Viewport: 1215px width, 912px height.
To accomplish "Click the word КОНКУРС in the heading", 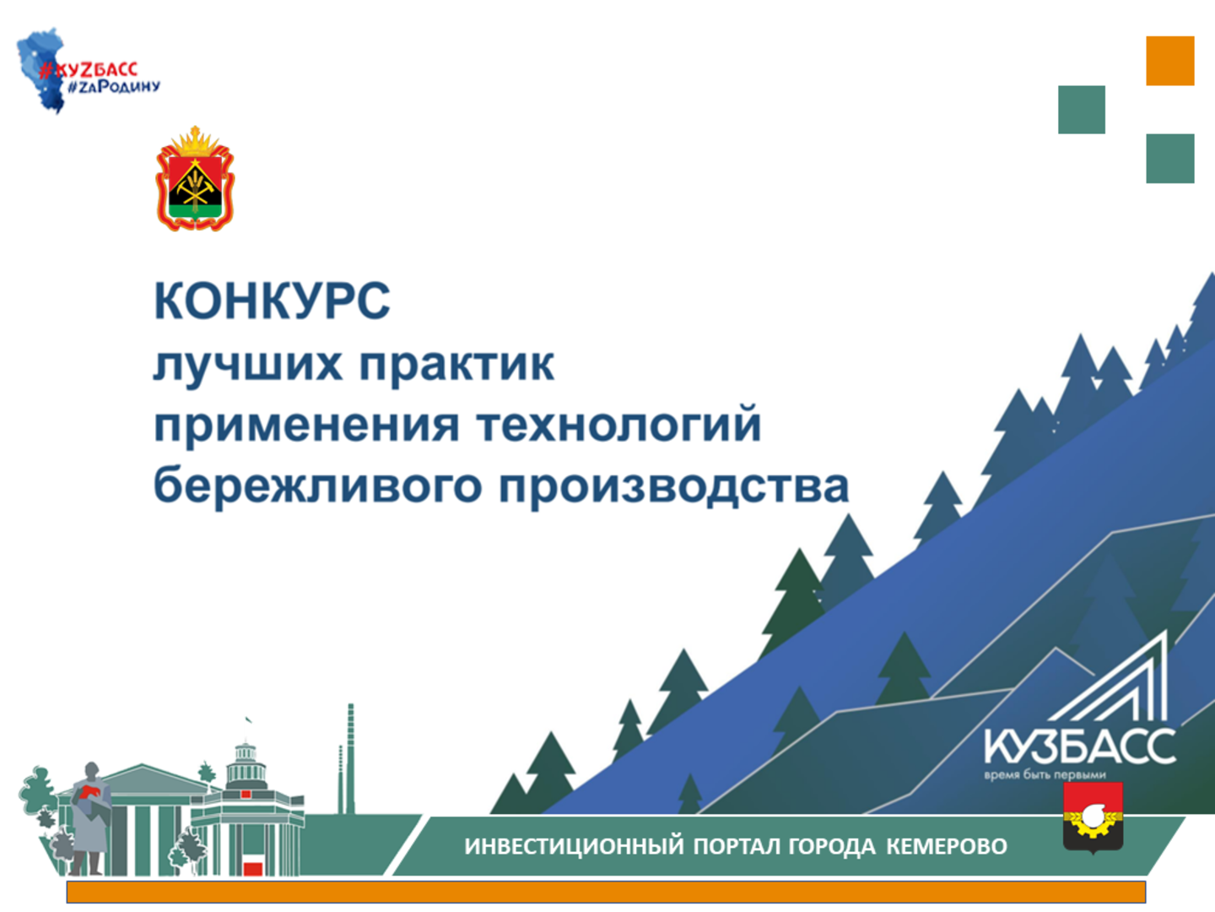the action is [272, 301].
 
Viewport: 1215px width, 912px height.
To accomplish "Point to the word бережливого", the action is [317, 485].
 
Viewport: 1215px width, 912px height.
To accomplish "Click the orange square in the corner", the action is [1170, 61].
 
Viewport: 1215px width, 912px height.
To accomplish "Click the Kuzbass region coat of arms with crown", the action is [195, 179].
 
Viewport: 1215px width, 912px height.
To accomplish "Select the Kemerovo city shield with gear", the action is [1093, 817].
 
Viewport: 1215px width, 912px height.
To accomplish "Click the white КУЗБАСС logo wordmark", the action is [1080, 746].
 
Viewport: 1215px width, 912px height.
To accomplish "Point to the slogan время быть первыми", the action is [1045, 774].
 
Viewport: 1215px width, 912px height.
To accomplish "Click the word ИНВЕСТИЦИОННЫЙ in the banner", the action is [574, 846].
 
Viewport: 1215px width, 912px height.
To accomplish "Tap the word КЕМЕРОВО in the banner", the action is [947, 846].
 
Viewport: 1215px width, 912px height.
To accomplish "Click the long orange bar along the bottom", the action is [606, 892].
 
